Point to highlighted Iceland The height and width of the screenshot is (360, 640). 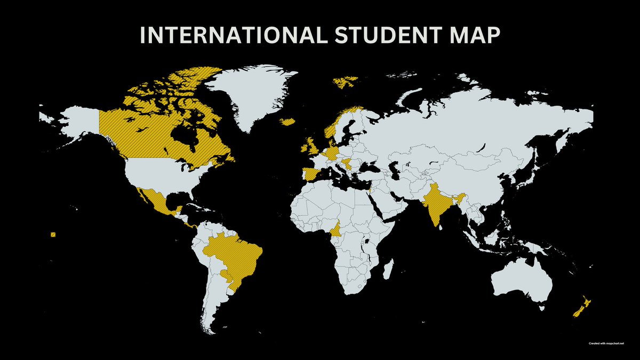pos(288,122)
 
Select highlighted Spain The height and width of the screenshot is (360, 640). pos(311,175)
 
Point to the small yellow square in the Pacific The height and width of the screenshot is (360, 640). pos(53,234)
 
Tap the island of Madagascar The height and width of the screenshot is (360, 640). pos(389,268)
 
